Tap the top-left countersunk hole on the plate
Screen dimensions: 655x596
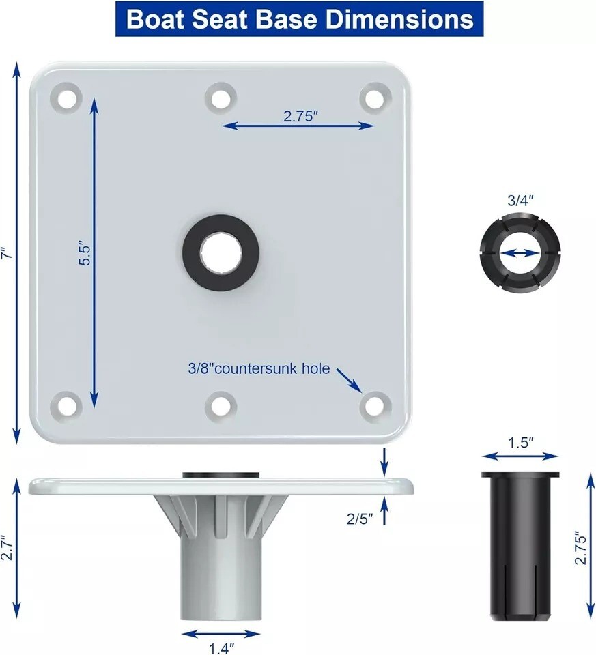(67, 98)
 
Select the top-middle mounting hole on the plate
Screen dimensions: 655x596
(221, 98)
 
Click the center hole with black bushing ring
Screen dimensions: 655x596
(221, 252)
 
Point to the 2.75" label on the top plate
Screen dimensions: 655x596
(301, 116)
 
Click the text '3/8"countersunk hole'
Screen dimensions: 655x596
(259, 369)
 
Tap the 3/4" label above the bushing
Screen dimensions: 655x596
(520, 201)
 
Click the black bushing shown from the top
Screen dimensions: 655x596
(520, 252)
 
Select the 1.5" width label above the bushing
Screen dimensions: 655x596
(520, 442)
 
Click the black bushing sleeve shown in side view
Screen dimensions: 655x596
(521, 546)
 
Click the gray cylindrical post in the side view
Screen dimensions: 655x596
(220, 580)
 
